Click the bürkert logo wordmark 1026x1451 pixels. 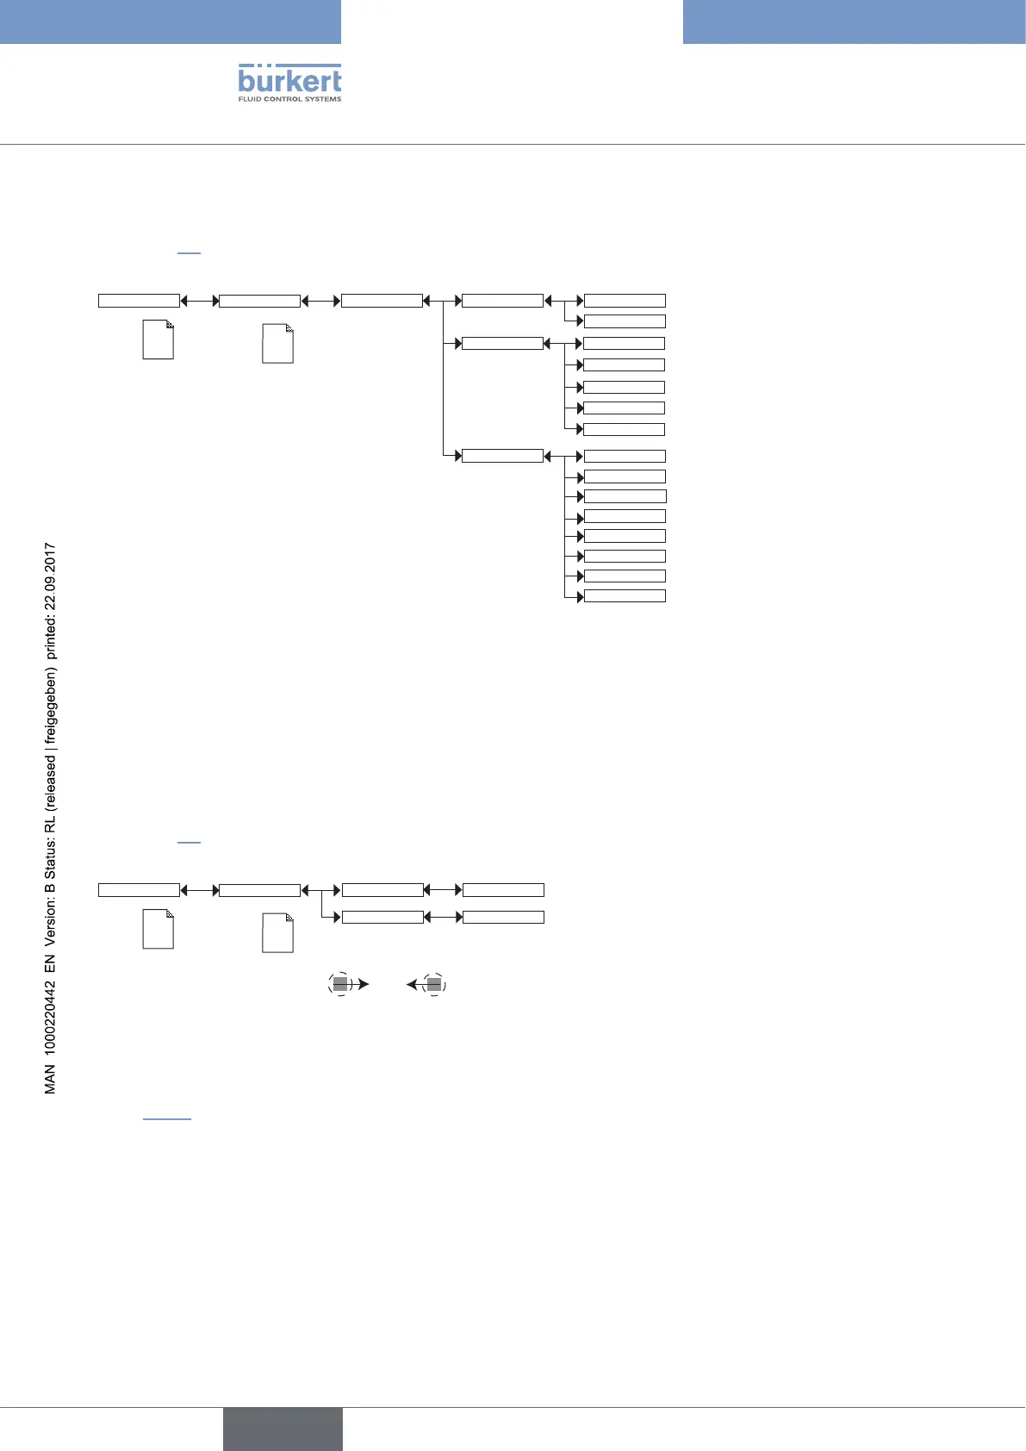[x=289, y=79]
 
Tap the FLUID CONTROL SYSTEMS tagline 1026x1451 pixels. [x=289, y=99]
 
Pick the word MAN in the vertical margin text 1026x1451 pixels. [x=50, y=1079]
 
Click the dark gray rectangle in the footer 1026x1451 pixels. [x=283, y=1429]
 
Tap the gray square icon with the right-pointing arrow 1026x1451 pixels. [x=340, y=984]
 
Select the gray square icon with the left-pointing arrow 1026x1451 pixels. [x=434, y=984]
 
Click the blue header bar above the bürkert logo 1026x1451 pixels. [x=171, y=22]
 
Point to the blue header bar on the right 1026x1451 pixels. [x=854, y=22]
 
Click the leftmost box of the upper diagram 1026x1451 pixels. [x=139, y=301]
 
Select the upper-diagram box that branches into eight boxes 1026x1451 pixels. [x=502, y=456]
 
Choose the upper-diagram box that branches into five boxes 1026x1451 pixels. [x=502, y=344]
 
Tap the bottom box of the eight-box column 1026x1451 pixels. [x=625, y=596]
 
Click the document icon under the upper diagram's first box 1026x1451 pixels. [x=158, y=339]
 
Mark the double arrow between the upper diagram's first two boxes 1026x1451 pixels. [x=199, y=301]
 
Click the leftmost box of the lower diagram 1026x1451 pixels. [x=139, y=890]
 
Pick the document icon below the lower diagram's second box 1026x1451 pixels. [x=277, y=932]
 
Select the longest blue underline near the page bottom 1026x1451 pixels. [x=166, y=1118]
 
